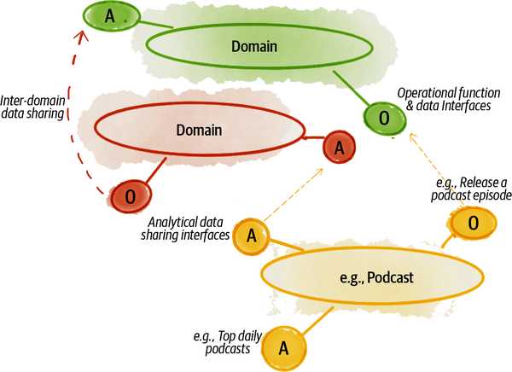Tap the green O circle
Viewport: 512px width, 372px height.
click(x=383, y=118)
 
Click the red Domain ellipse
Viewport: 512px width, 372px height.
click(x=198, y=131)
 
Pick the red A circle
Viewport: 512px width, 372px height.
click(x=339, y=148)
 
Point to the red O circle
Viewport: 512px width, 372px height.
click(x=130, y=196)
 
